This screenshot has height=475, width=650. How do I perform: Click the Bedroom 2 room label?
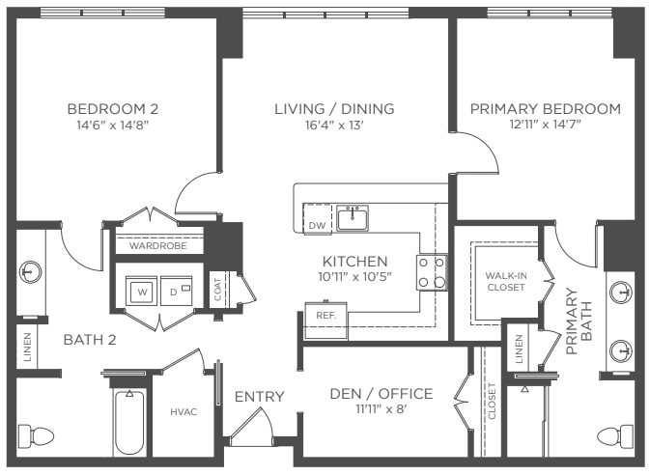tap(113, 109)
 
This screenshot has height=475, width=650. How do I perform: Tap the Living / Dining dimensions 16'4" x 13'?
tap(334, 125)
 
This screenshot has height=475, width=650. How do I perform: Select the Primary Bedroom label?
tap(546, 109)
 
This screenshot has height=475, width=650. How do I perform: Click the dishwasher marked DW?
tap(318, 219)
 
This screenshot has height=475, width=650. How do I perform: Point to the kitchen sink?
tap(353, 218)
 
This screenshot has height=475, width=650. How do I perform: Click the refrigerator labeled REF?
tap(325, 321)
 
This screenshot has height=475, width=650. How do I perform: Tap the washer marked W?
tap(141, 292)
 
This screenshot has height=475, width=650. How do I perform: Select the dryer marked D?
tap(176, 292)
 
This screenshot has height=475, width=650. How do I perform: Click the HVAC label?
tap(184, 412)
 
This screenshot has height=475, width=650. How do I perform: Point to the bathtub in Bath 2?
tap(129, 422)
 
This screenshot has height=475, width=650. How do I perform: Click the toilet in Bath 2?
tap(36, 436)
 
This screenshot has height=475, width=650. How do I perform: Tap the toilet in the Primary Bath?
tap(615, 436)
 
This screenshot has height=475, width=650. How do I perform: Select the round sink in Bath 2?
tap(31, 272)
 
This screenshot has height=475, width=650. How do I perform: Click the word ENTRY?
tap(260, 397)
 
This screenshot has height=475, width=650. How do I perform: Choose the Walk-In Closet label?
tap(506, 282)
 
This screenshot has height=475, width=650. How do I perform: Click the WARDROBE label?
tap(158, 246)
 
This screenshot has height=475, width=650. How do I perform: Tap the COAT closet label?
tap(217, 289)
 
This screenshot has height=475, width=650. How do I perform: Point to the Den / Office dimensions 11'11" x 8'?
tap(381, 409)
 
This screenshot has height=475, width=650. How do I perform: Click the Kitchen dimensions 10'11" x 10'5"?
tap(354, 277)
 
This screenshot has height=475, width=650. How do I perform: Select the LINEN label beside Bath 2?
tap(27, 347)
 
